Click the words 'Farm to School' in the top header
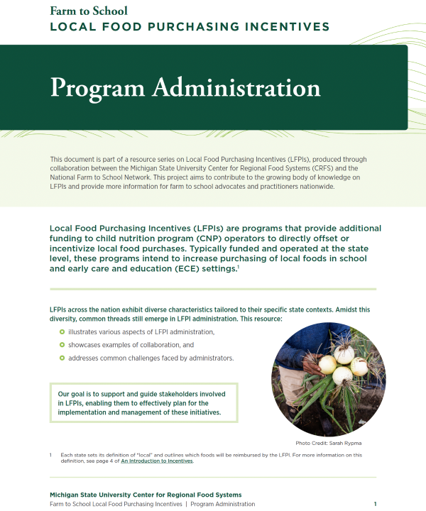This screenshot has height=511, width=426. (x=89, y=10)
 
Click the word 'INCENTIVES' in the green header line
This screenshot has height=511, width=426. (x=281, y=27)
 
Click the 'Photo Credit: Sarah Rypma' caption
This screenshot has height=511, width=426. (x=329, y=442)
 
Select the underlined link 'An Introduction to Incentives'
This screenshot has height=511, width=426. (x=156, y=461)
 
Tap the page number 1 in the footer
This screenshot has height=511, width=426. (x=375, y=504)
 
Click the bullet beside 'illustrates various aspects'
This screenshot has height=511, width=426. (x=62, y=332)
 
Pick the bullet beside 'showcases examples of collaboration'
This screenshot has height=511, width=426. (x=62, y=345)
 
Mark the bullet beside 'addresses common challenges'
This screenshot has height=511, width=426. (x=62, y=358)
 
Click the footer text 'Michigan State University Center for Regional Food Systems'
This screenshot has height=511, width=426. (x=145, y=495)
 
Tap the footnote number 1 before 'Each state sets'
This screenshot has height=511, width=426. (x=51, y=454)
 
